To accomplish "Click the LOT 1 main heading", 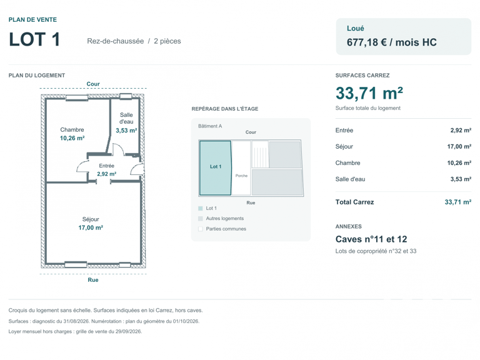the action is coord(34,39).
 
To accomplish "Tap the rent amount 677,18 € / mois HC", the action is coord(391,42).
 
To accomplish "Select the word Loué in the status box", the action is coord(356,29).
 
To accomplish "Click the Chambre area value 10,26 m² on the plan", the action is coord(72,138).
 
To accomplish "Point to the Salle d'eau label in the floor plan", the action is coord(126,118).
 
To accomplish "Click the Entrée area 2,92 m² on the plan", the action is coord(106,174).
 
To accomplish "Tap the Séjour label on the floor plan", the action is coord(91,219).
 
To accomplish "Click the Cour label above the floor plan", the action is coord(93,84).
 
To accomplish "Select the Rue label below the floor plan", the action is coord(93,280).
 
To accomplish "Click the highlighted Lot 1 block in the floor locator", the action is coord(215,167).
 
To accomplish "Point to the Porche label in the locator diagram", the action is coord(241,176).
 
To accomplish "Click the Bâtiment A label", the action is coord(210,126).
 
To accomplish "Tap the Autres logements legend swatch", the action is coord(201,219).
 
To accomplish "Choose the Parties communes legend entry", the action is coord(226,229).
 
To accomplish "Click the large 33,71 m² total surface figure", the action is coord(369,93).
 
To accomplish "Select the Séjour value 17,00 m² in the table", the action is coord(459,147).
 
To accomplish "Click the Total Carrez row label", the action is coord(354,202).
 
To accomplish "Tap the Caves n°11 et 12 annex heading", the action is coord(371,239).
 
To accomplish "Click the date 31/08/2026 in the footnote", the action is coord(77,321).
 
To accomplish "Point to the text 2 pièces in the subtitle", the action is coord(167,41).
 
